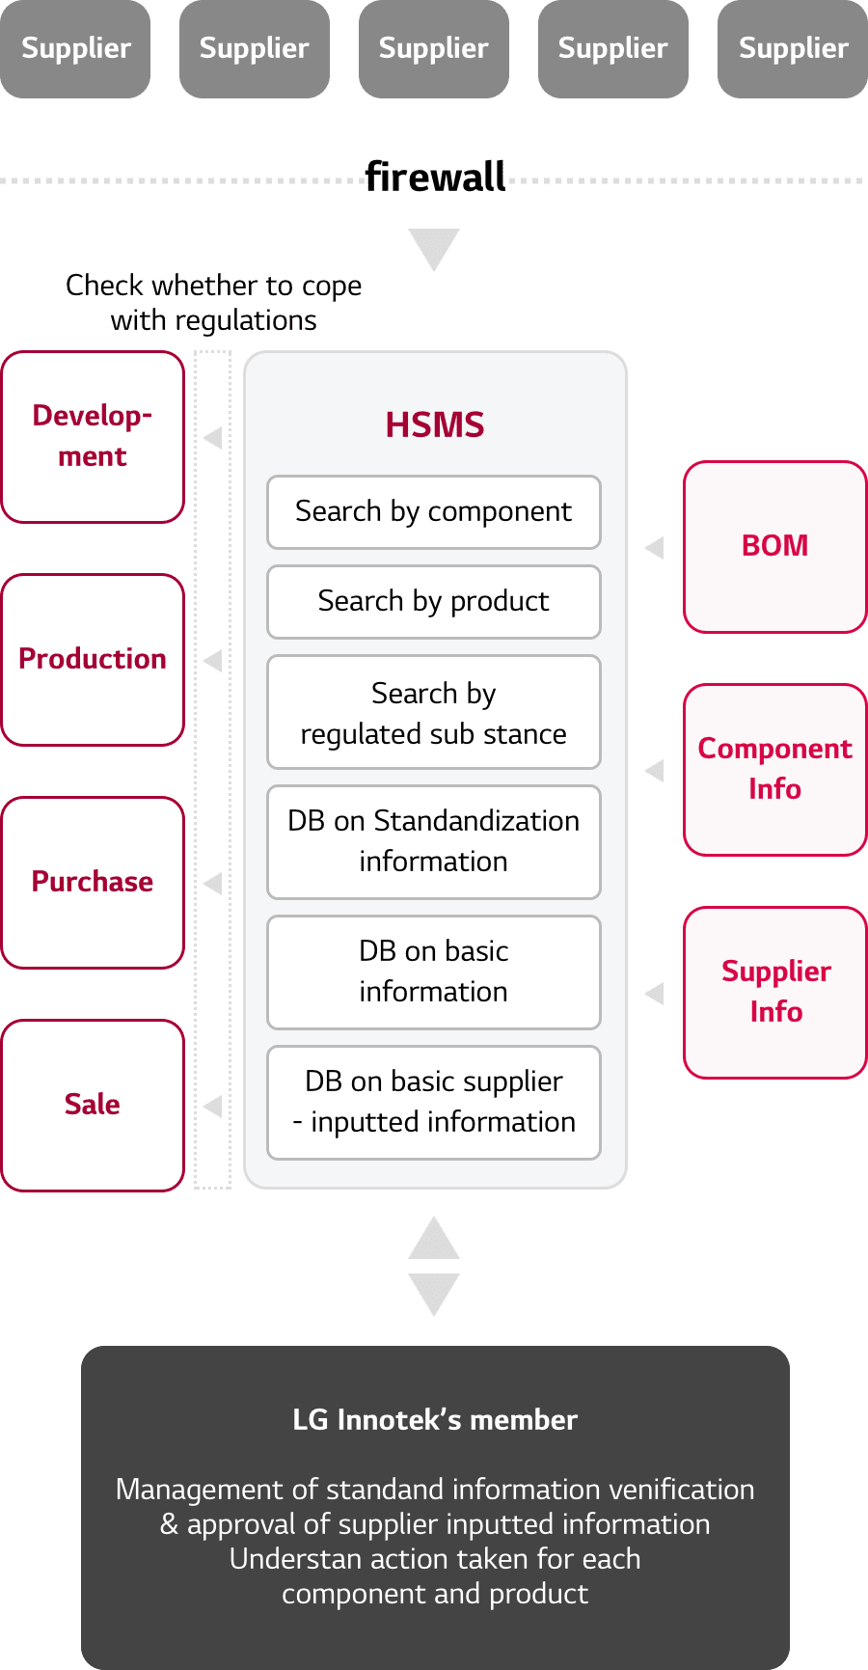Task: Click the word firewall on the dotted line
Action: tap(435, 178)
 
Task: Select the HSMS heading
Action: tap(435, 424)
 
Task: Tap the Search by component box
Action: tap(434, 512)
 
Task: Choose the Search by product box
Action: tap(434, 602)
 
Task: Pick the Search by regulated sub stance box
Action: tap(434, 713)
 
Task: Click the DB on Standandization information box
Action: tap(434, 841)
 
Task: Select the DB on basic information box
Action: tap(434, 972)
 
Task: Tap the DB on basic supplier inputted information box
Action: tap(434, 1102)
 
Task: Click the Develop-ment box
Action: tap(93, 437)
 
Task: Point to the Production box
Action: tap(93, 660)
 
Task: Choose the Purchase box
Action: tap(93, 883)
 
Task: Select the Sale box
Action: tap(93, 1106)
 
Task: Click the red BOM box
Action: tap(774, 547)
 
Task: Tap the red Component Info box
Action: tap(774, 770)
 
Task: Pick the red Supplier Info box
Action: tap(774, 993)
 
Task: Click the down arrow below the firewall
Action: tap(434, 248)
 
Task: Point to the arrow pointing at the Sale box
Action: tap(213, 1106)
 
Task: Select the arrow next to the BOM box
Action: tap(655, 548)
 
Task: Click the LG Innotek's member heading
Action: tap(435, 1420)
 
